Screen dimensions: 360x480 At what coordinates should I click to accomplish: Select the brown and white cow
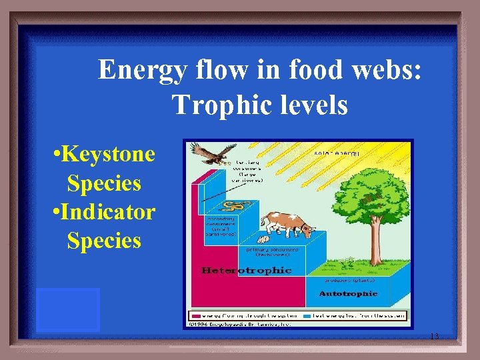coord(287,225)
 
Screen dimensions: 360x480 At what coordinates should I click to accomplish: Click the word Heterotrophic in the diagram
coord(247,270)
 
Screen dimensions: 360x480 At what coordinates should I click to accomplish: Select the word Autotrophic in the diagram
coord(348,293)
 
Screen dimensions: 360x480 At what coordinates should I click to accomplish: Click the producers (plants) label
coord(347,281)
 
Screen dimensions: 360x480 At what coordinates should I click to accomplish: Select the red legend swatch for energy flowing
coord(197,316)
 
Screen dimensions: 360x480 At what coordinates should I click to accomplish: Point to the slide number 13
coord(434,337)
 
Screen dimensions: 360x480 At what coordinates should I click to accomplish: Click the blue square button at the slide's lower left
coord(68,309)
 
